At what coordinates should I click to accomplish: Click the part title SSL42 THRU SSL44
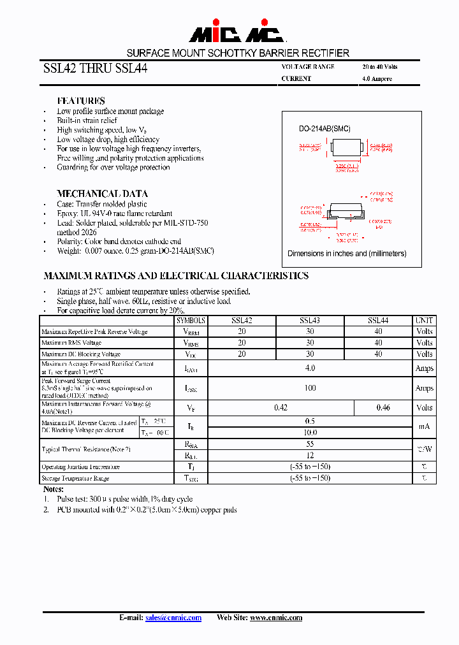coord(95,69)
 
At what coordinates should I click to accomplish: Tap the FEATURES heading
coord(81,101)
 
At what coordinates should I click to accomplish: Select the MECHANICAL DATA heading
coord(102,193)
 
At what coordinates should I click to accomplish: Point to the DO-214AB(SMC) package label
coord(324,129)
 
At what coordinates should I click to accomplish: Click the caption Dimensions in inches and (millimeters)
coord(347,253)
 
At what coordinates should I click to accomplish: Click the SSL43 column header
coord(309,321)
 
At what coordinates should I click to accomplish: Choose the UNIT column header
coord(424,321)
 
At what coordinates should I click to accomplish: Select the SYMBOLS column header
coord(191,321)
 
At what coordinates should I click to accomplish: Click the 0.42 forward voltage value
coord(280,407)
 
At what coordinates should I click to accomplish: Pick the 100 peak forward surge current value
coord(310,388)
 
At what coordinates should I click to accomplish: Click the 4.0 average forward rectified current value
coord(310,368)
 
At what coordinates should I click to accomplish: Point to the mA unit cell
coord(424,426)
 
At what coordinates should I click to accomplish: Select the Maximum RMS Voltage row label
coord(71,343)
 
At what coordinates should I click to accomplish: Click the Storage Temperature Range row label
coord(75,478)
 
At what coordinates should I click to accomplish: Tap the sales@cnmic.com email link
coord(173,618)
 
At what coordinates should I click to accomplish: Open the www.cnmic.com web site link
coord(275,618)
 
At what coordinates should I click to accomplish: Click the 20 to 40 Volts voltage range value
coord(380,67)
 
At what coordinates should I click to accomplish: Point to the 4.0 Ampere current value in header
coord(377,79)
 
